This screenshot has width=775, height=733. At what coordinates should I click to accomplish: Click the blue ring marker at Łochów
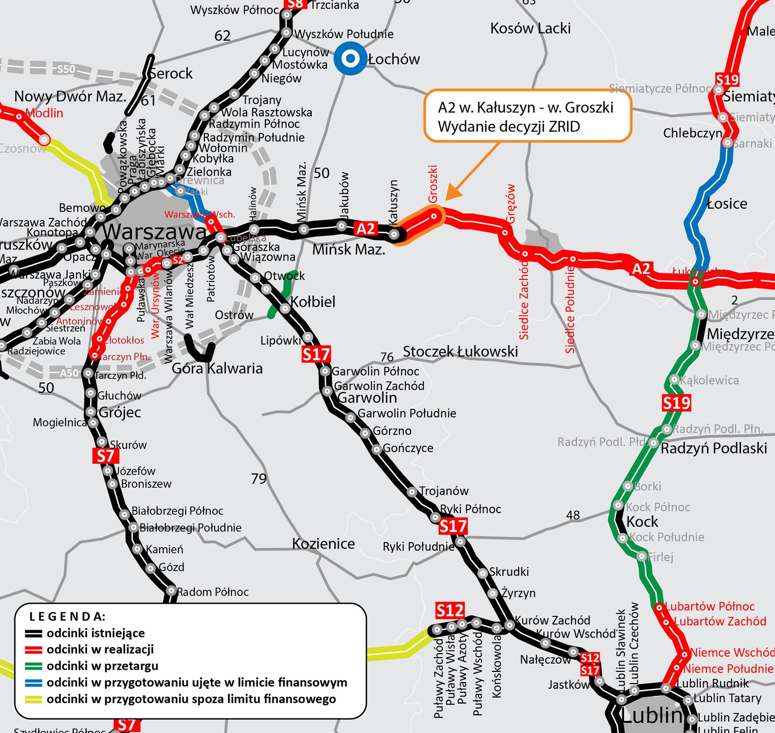tap(350, 58)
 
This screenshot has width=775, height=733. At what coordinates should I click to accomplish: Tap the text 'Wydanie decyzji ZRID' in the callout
tap(509, 126)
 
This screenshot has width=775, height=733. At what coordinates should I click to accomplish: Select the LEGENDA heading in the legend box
tap(67, 616)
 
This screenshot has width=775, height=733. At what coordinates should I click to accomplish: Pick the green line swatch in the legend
tap(34, 666)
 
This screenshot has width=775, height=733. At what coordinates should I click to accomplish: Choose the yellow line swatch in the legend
tap(34, 699)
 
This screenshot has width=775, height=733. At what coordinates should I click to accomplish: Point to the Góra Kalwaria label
tap(217, 368)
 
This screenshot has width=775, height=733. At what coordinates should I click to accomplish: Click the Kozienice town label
tap(323, 544)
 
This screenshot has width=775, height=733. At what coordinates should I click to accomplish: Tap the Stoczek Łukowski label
tap(460, 351)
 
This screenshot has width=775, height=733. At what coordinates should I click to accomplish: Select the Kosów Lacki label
tap(530, 29)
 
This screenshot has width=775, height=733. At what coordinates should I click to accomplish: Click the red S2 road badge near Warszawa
tap(177, 260)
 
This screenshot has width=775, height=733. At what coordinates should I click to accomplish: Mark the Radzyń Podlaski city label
tap(713, 448)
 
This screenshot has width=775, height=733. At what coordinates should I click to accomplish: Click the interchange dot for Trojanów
tap(412, 492)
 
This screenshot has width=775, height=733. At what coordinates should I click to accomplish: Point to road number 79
tap(258, 478)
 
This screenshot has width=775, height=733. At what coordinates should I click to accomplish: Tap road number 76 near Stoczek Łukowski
tap(387, 357)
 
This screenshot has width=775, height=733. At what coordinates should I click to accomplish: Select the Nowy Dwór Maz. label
tap(70, 96)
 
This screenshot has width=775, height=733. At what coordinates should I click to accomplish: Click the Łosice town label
tap(727, 204)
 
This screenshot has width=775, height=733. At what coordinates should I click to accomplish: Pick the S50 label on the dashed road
tap(66, 69)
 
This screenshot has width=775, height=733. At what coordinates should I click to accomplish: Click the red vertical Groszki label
tap(433, 184)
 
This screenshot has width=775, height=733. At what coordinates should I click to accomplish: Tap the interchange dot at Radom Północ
tap(171, 591)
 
